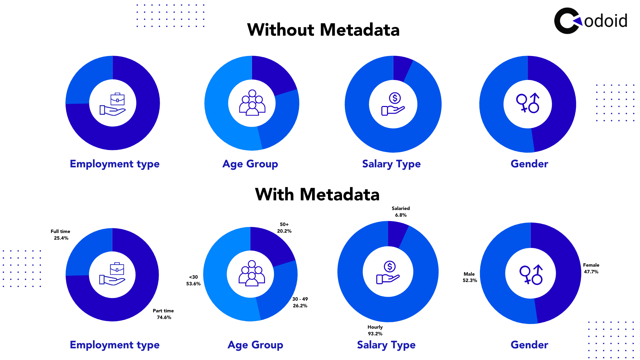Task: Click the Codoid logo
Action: coord(590,21)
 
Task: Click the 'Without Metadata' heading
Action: coord(323,30)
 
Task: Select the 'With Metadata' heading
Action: coord(317,195)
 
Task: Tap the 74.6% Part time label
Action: coord(163,314)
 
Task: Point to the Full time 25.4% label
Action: coord(61,235)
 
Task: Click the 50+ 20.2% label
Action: coord(284,228)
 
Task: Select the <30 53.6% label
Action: coord(193,280)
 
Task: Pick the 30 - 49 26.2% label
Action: coord(300,302)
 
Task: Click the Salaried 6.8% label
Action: coord(401,212)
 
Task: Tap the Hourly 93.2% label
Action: coord(375,330)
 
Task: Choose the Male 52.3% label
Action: coord(470,277)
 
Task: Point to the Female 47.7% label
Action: coord(591,268)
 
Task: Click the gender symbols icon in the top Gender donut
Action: coord(528,103)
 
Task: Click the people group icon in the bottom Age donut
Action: coord(252,273)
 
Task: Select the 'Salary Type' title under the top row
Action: coord(391,164)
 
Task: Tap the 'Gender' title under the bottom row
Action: coord(529,345)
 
